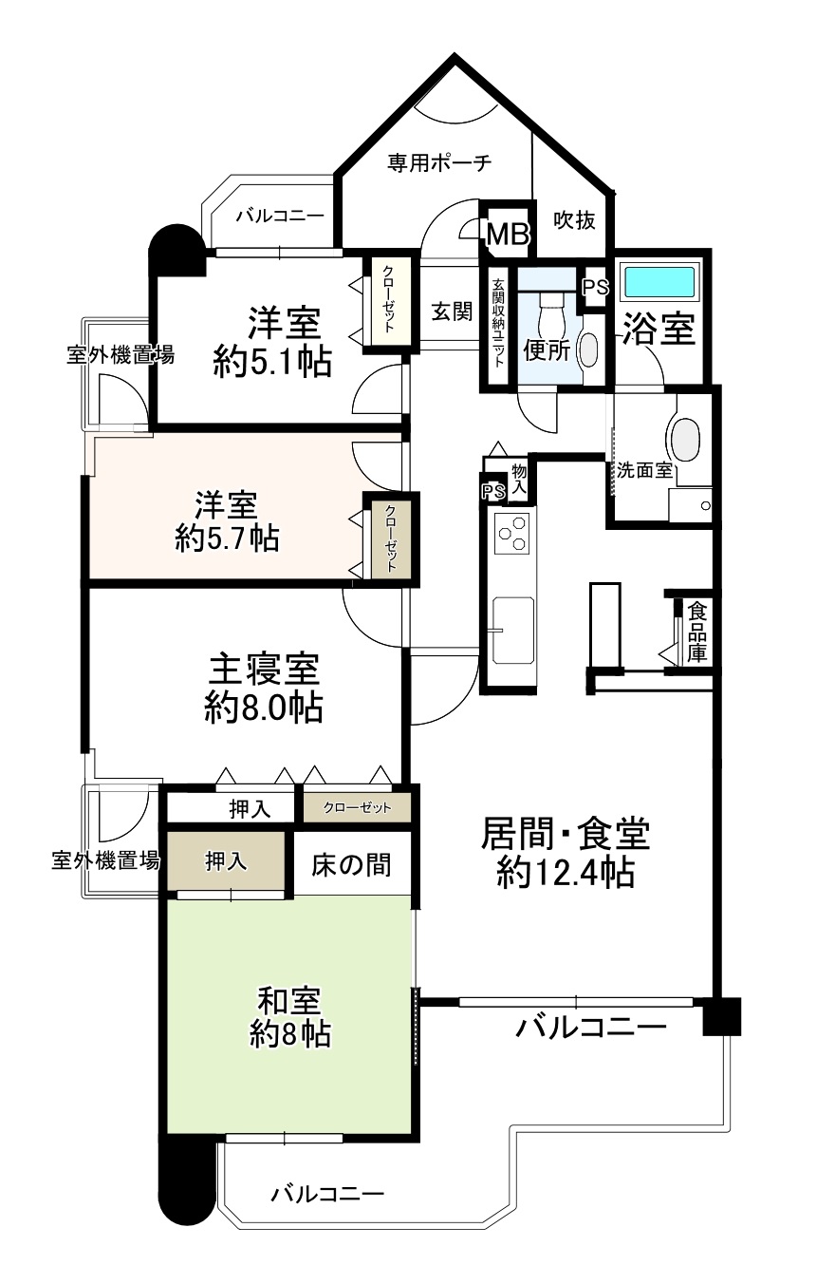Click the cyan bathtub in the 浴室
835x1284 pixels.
661,281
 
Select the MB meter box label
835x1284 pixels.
507,234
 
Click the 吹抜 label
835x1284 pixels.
574,220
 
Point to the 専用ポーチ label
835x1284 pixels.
439,162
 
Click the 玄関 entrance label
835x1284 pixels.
452,312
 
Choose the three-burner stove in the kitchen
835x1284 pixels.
512,533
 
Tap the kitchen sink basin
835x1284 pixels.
512,630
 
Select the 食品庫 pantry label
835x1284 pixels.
696,632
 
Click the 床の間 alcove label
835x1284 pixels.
350,864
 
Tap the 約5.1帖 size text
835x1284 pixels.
272,362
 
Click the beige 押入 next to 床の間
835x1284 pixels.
226,861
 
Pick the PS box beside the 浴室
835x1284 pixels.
595,286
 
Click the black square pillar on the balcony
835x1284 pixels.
721,1016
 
